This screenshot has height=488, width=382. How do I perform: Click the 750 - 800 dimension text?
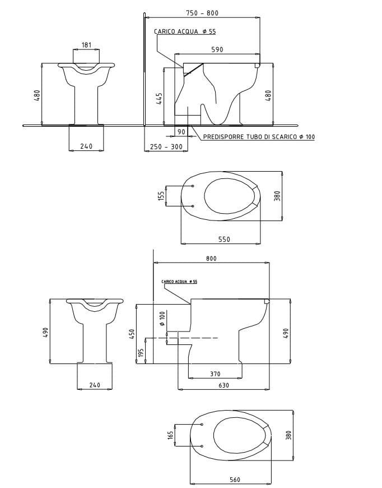[x=202, y=13]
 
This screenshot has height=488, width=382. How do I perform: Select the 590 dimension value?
[x=217, y=49]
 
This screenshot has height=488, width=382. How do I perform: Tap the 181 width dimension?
[x=87, y=44]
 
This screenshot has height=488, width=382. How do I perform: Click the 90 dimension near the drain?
[x=181, y=132]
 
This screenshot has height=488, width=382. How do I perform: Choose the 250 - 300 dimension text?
[x=166, y=146]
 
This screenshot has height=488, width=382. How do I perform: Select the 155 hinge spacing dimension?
[x=161, y=196]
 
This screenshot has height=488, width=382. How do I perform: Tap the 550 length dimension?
[x=223, y=239]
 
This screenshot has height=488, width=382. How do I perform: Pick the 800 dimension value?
[x=211, y=258]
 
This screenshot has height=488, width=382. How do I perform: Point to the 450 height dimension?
[x=132, y=334]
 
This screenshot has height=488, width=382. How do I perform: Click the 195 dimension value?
[x=141, y=352]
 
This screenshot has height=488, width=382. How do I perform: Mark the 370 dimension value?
[x=215, y=374]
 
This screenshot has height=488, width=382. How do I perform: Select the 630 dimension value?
[x=223, y=385]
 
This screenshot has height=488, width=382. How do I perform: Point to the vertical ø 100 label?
[x=162, y=316]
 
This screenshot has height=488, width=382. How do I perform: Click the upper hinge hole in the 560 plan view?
[x=201, y=424]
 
